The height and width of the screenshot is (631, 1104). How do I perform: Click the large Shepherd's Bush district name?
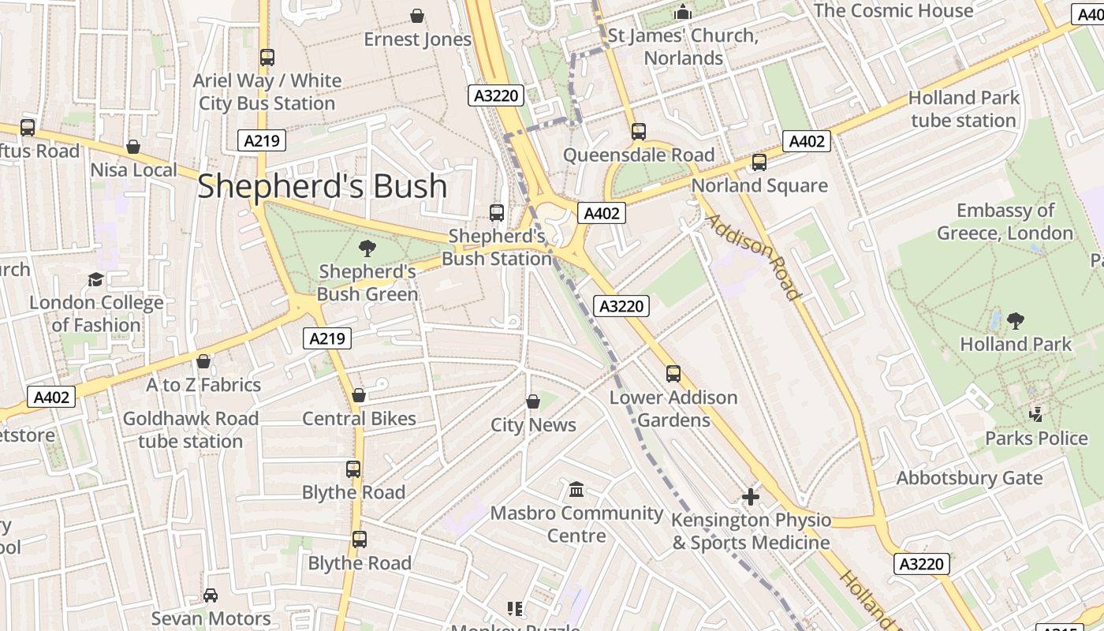[x=322, y=186]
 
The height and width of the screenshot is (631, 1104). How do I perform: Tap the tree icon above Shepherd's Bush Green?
[x=367, y=249]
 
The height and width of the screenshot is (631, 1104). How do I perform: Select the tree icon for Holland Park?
[x=1016, y=321]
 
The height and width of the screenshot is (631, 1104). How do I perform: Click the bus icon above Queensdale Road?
[x=639, y=132]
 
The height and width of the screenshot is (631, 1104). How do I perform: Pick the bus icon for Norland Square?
[x=759, y=162]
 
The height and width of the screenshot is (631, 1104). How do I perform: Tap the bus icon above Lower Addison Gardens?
[x=673, y=374]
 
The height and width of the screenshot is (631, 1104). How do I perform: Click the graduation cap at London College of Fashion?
[x=95, y=279]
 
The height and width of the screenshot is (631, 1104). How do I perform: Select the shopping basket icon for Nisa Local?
[x=133, y=147]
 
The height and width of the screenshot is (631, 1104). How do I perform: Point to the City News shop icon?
[x=533, y=401]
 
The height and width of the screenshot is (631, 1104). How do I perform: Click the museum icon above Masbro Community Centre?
[x=576, y=490]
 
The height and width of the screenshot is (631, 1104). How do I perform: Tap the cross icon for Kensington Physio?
[x=751, y=497]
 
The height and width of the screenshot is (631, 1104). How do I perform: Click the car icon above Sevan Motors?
[x=211, y=596]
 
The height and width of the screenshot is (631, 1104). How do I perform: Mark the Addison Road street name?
[x=754, y=257]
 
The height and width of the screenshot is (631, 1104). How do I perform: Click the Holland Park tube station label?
[x=964, y=109]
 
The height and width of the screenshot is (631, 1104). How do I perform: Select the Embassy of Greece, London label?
[x=1005, y=222]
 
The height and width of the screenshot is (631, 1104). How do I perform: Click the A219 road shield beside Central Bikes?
[x=327, y=338]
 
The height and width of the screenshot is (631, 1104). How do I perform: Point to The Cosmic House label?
[x=893, y=11]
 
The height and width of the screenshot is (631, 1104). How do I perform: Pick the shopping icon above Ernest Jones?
[x=417, y=16]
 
